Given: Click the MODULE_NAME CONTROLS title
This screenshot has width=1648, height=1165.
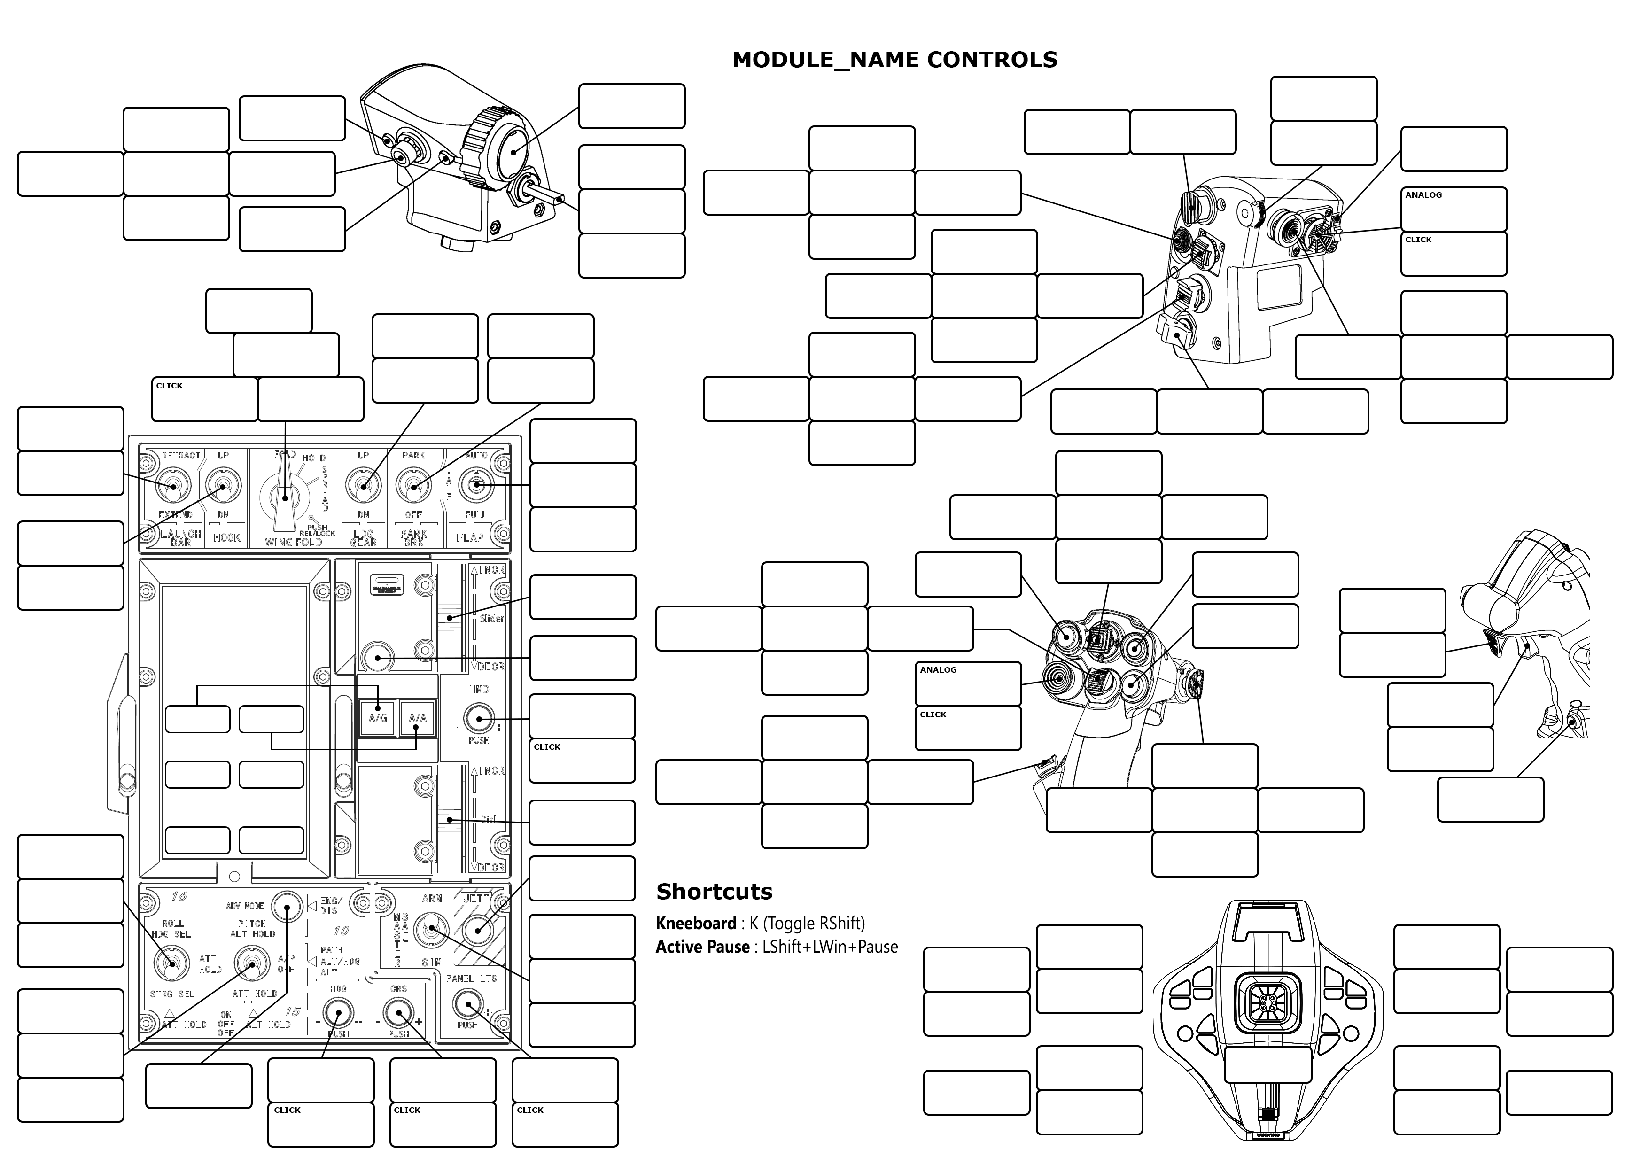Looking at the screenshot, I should [x=894, y=60].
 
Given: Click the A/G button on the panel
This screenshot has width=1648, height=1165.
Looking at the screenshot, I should [x=378, y=718].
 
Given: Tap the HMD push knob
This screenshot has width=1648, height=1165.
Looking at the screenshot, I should [x=479, y=719].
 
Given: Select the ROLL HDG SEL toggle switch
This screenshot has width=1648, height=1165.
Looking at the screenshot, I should [x=171, y=964].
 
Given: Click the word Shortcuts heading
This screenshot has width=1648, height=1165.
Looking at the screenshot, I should [x=714, y=892].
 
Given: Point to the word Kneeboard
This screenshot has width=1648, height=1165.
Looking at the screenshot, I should [x=696, y=923].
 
